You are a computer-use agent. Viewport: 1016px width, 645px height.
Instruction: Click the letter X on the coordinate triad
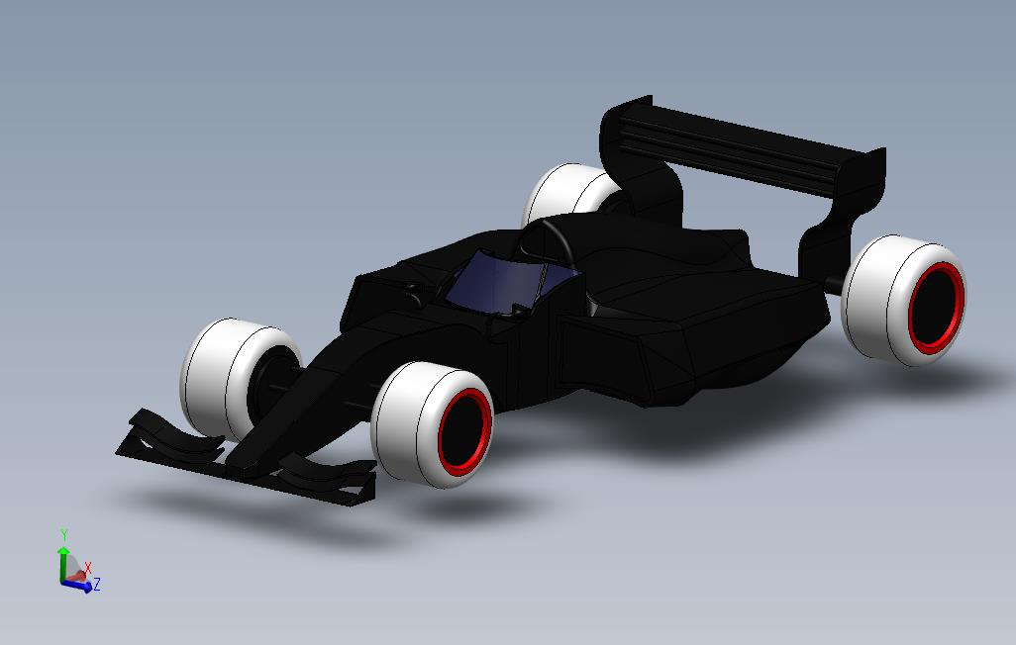pyautogui.click(x=88, y=568)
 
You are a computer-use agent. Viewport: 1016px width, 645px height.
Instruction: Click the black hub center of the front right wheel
pyautogui.click(x=464, y=431)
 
